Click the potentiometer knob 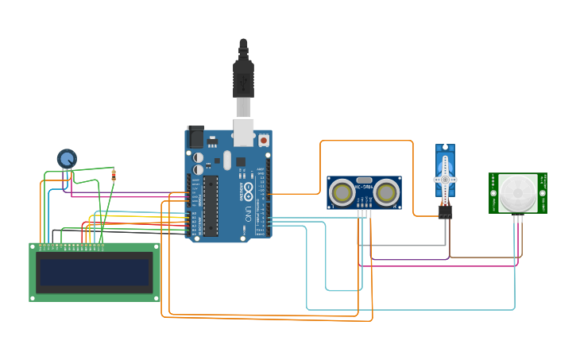click(x=67, y=158)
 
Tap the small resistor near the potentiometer click(x=114, y=175)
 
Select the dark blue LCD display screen click(x=95, y=273)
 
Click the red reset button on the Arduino click(x=263, y=140)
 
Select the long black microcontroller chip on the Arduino click(x=211, y=206)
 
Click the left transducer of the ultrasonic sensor click(x=342, y=192)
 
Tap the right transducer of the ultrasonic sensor click(x=386, y=192)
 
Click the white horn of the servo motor click(x=445, y=179)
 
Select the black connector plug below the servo click(x=445, y=212)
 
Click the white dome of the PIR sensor click(x=517, y=192)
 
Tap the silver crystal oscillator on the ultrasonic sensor click(x=364, y=181)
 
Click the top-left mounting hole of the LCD click(x=33, y=247)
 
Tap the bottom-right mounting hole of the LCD click(x=156, y=297)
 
